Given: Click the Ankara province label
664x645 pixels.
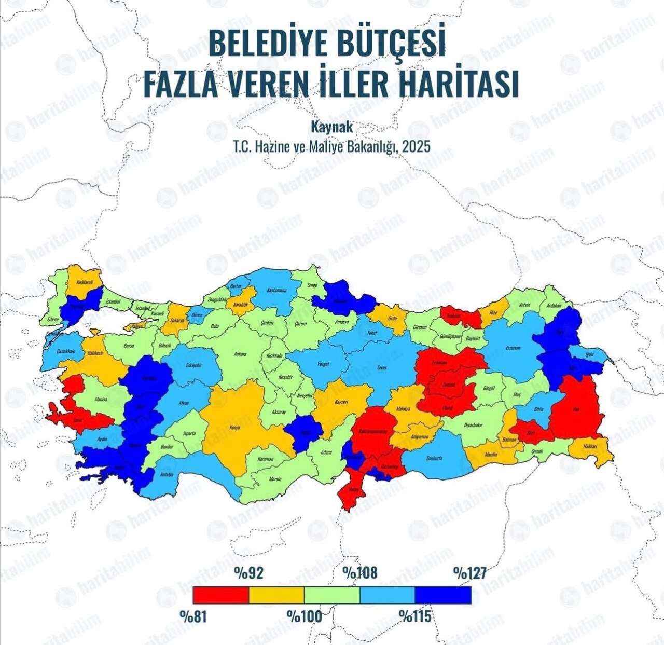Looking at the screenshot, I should tap(240, 354).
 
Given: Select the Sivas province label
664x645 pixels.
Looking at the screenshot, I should tap(382, 367).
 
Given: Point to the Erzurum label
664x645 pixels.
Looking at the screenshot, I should tap(513, 348).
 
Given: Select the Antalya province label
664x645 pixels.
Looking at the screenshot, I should tap(167, 474).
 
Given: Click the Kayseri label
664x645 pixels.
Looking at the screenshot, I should tap(341, 402).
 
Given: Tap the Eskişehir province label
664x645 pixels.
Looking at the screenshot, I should tap(193, 365).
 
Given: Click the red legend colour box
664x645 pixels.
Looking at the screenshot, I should tap(220, 595).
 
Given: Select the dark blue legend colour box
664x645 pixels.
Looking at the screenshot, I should tap(443, 595).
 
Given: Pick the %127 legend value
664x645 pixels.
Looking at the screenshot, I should tap(470, 573).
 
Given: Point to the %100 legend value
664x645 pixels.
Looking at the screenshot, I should tap(305, 616).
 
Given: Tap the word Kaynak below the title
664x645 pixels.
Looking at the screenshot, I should tap(331, 126).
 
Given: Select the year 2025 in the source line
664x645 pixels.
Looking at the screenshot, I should tap(416, 147).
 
